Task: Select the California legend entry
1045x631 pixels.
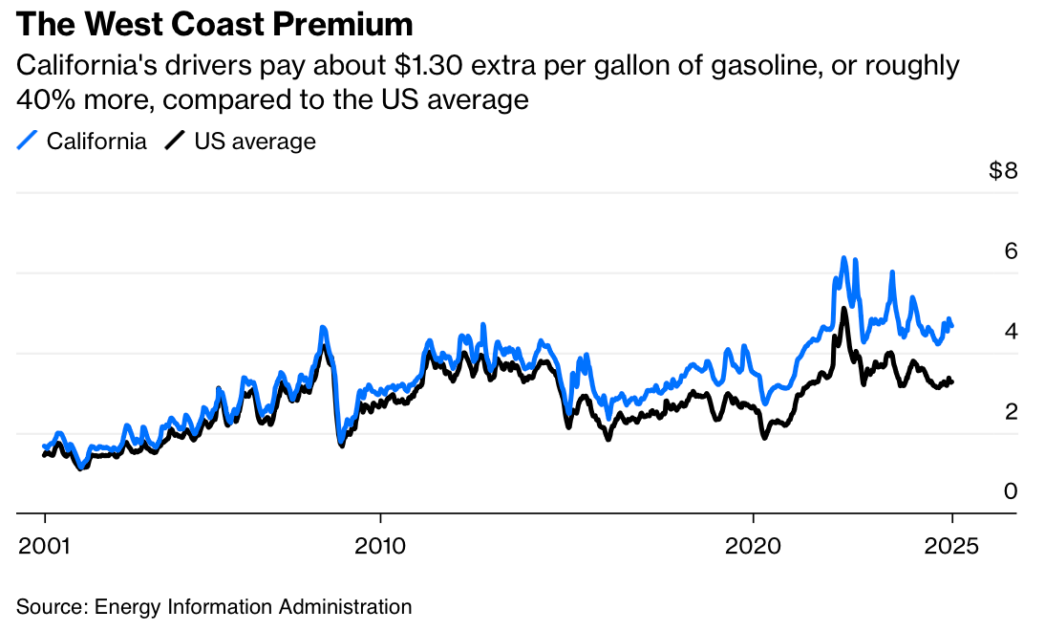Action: (x=96, y=141)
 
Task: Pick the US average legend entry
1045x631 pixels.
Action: (x=254, y=141)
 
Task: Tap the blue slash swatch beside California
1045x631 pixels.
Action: (x=28, y=141)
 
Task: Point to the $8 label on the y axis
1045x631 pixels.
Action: (x=1003, y=172)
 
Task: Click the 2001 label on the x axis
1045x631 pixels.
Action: (x=44, y=547)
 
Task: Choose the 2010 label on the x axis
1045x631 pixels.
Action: (x=380, y=547)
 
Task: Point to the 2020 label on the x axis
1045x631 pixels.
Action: (x=754, y=547)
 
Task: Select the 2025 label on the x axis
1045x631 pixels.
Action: (x=951, y=547)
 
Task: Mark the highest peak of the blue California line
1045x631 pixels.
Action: (x=843, y=257)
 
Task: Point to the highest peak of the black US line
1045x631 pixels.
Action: (x=843, y=309)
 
